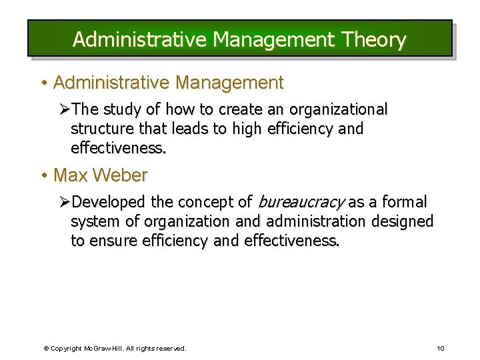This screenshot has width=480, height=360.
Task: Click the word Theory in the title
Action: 372,40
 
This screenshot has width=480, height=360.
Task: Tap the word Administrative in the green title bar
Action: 140,40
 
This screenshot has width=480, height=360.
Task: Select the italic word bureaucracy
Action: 301,202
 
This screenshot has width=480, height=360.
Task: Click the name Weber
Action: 120,176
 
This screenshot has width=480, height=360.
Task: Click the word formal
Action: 403,202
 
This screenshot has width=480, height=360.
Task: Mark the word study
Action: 124,109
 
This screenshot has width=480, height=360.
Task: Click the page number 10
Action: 440,348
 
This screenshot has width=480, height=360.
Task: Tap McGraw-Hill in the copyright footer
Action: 100,348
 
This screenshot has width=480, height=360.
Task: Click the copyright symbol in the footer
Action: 47,348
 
